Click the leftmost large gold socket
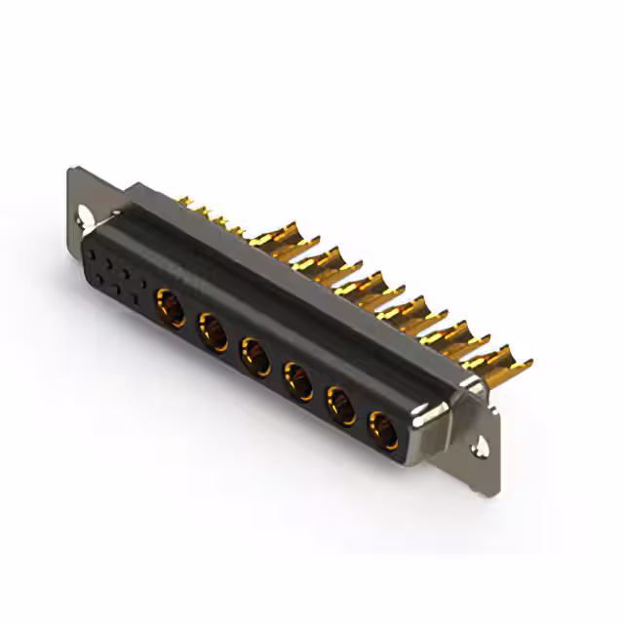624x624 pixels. coord(171,307)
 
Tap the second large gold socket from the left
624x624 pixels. coord(214,331)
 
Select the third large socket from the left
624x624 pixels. coord(255,355)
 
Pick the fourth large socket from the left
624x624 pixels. coord(297,379)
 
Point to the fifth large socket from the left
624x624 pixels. coord(341,403)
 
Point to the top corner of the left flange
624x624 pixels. coord(72,169)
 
